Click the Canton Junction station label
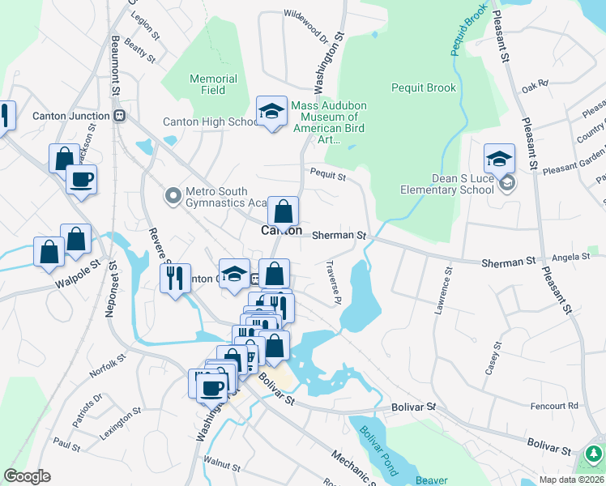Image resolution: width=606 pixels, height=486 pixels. [70, 115]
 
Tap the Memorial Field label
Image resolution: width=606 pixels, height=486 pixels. [213, 84]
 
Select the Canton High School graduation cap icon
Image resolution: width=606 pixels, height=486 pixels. [271, 112]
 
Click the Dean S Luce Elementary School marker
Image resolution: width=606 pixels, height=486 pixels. [500, 159]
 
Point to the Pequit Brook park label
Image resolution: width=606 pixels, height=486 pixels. [423, 87]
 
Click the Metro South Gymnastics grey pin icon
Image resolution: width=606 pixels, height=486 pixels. [172, 195]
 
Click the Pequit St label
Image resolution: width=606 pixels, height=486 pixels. [328, 174]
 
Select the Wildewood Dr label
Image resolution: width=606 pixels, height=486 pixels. [305, 27]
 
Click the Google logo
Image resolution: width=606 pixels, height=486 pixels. [27, 476]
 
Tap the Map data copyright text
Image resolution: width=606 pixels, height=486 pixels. [571, 480]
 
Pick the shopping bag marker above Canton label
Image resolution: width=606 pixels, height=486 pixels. [283, 212]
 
